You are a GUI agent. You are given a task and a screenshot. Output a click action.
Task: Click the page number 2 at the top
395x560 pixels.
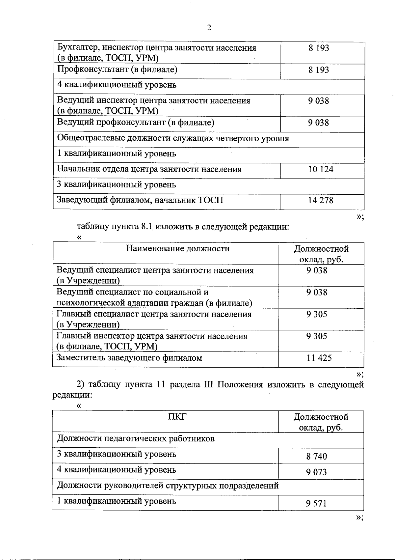[x=209, y=28]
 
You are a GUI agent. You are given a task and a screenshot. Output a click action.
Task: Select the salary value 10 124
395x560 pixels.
[x=321, y=169]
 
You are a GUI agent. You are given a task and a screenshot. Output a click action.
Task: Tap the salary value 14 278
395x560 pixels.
[x=321, y=200]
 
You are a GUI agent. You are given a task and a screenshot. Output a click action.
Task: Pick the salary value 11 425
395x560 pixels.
[x=319, y=358]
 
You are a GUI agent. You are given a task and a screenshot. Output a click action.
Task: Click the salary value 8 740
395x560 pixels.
[x=316, y=457]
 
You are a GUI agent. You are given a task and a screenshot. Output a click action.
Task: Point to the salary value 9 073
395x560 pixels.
[x=316, y=472]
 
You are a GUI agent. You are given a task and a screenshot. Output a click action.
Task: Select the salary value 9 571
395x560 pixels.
[x=316, y=503]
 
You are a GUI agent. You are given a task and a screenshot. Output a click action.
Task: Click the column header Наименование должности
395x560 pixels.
[x=178, y=248]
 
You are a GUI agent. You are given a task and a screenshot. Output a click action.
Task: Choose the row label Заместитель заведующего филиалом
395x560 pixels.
[x=129, y=358]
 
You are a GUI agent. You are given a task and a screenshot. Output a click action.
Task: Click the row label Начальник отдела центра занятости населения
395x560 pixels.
[x=149, y=169]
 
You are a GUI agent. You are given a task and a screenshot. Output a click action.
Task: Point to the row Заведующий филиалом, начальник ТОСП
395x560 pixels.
[x=140, y=200]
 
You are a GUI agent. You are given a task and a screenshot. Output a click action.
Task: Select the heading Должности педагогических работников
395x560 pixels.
[x=136, y=439]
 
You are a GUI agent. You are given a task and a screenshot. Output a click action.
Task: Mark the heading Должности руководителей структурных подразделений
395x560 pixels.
[x=168, y=486]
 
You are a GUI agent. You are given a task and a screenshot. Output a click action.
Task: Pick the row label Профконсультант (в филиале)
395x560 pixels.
[x=118, y=70]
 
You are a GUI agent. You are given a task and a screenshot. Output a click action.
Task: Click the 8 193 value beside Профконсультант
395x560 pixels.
[x=319, y=70]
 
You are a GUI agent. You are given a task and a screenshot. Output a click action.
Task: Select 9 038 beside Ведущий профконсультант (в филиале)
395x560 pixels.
[x=318, y=123]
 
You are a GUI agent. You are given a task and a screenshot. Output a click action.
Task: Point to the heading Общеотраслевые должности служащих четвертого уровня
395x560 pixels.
[x=173, y=138]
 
